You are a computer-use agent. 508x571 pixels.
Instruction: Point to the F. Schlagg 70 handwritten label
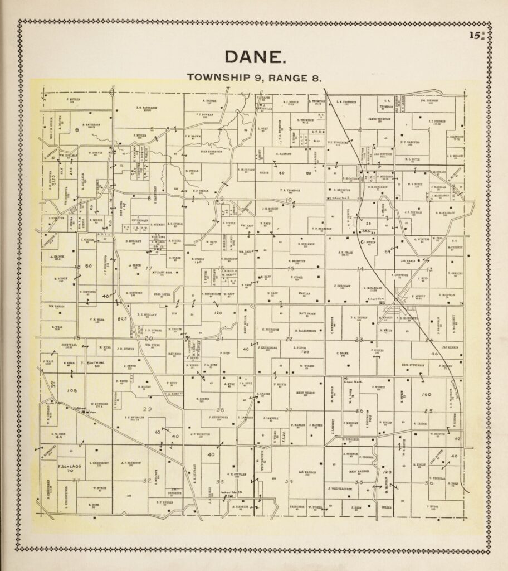click(66, 468)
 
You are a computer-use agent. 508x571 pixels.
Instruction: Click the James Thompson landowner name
click(379, 119)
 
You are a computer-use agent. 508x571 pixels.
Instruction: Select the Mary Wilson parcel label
click(299, 393)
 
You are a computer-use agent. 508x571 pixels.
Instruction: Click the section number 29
click(148, 410)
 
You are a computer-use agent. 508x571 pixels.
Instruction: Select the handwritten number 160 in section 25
click(427, 394)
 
